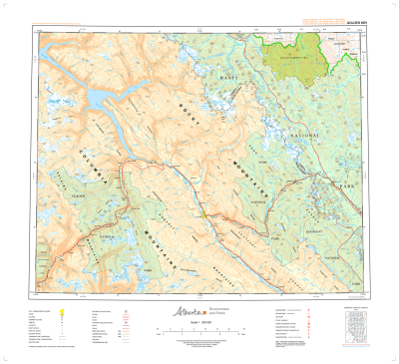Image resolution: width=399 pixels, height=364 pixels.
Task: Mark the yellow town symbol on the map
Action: pyautogui.click(x=204, y=213)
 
